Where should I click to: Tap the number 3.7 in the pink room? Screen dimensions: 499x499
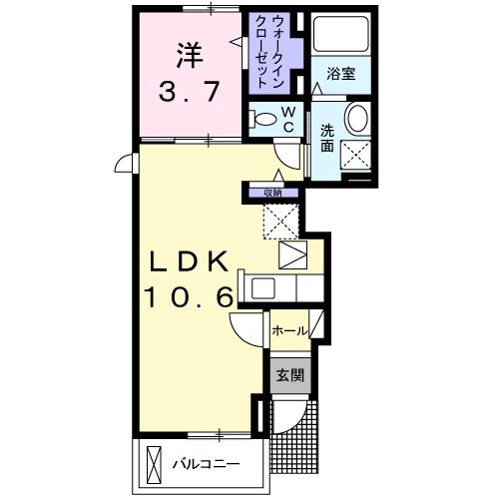(187, 94)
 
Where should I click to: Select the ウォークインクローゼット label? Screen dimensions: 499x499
(271, 50)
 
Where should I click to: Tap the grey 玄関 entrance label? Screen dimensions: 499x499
(290, 377)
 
